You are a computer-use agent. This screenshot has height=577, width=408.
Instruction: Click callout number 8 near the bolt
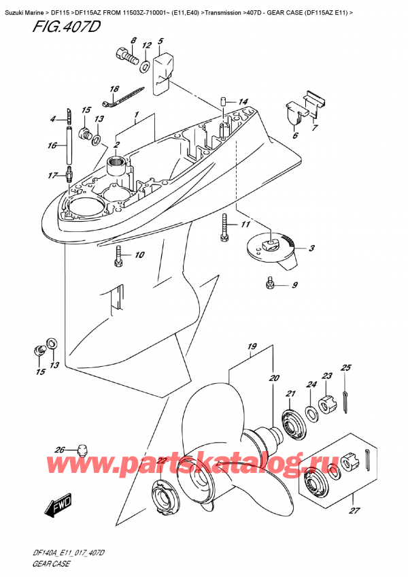133,42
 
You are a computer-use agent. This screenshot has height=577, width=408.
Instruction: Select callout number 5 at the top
160,42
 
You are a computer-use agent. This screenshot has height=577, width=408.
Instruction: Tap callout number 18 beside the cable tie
115,90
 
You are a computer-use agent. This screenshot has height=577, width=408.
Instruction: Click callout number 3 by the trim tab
311,248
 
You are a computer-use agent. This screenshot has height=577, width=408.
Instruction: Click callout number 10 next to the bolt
139,256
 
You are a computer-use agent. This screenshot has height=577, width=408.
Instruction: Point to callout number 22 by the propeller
161,462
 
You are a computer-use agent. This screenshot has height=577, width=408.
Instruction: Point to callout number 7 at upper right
313,127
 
